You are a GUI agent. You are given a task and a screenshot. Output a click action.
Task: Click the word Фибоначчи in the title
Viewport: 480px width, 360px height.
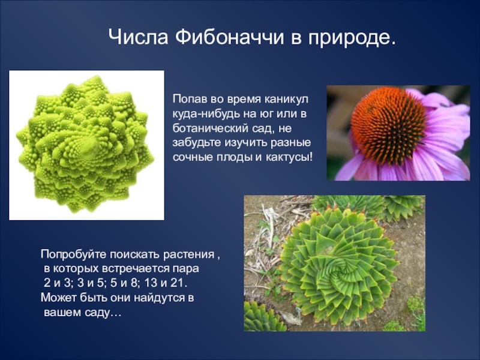click(x=229, y=37)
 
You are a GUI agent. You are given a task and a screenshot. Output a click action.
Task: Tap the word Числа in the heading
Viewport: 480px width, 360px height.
click(x=139, y=37)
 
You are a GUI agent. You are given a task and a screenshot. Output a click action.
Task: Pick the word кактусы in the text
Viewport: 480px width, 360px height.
click(x=289, y=157)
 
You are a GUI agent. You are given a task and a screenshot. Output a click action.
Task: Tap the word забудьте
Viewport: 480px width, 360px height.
click(x=197, y=142)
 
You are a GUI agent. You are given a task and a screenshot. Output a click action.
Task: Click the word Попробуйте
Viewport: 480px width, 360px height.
click(x=74, y=254)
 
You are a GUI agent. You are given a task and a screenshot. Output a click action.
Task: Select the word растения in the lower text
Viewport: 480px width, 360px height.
click(x=188, y=254)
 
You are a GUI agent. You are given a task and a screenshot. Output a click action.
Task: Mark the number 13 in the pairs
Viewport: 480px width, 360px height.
click(x=151, y=283)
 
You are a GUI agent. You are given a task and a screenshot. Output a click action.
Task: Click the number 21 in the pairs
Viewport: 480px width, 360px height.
click(x=177, y=283)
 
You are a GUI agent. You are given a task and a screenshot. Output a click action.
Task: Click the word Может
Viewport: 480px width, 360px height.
click(x=58, y=298)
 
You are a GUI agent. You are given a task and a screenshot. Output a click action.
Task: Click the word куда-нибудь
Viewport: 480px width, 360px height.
click(x=206, y=114)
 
